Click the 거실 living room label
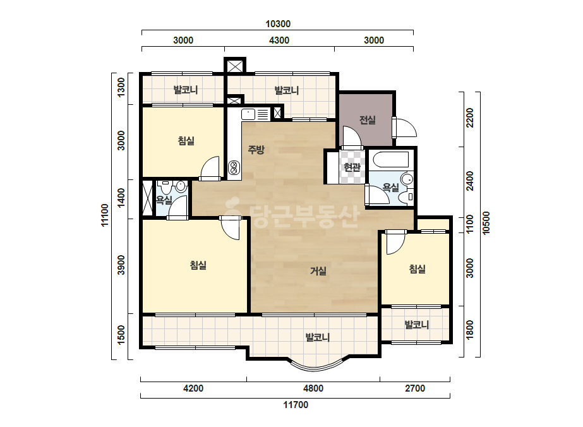318,271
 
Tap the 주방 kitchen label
256,150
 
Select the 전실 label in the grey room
368,120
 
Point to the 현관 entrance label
352,167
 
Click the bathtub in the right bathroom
391,159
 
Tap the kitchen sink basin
248,114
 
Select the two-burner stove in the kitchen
234,167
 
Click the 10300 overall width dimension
278,24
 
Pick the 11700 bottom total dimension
296,405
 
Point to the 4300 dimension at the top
279,40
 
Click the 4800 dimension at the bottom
313,388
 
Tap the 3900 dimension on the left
121,265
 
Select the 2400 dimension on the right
470,181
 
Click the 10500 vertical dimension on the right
486,223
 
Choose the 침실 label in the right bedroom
417,269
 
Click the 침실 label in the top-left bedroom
186,141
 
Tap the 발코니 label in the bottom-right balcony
417,325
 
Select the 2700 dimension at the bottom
415,388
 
